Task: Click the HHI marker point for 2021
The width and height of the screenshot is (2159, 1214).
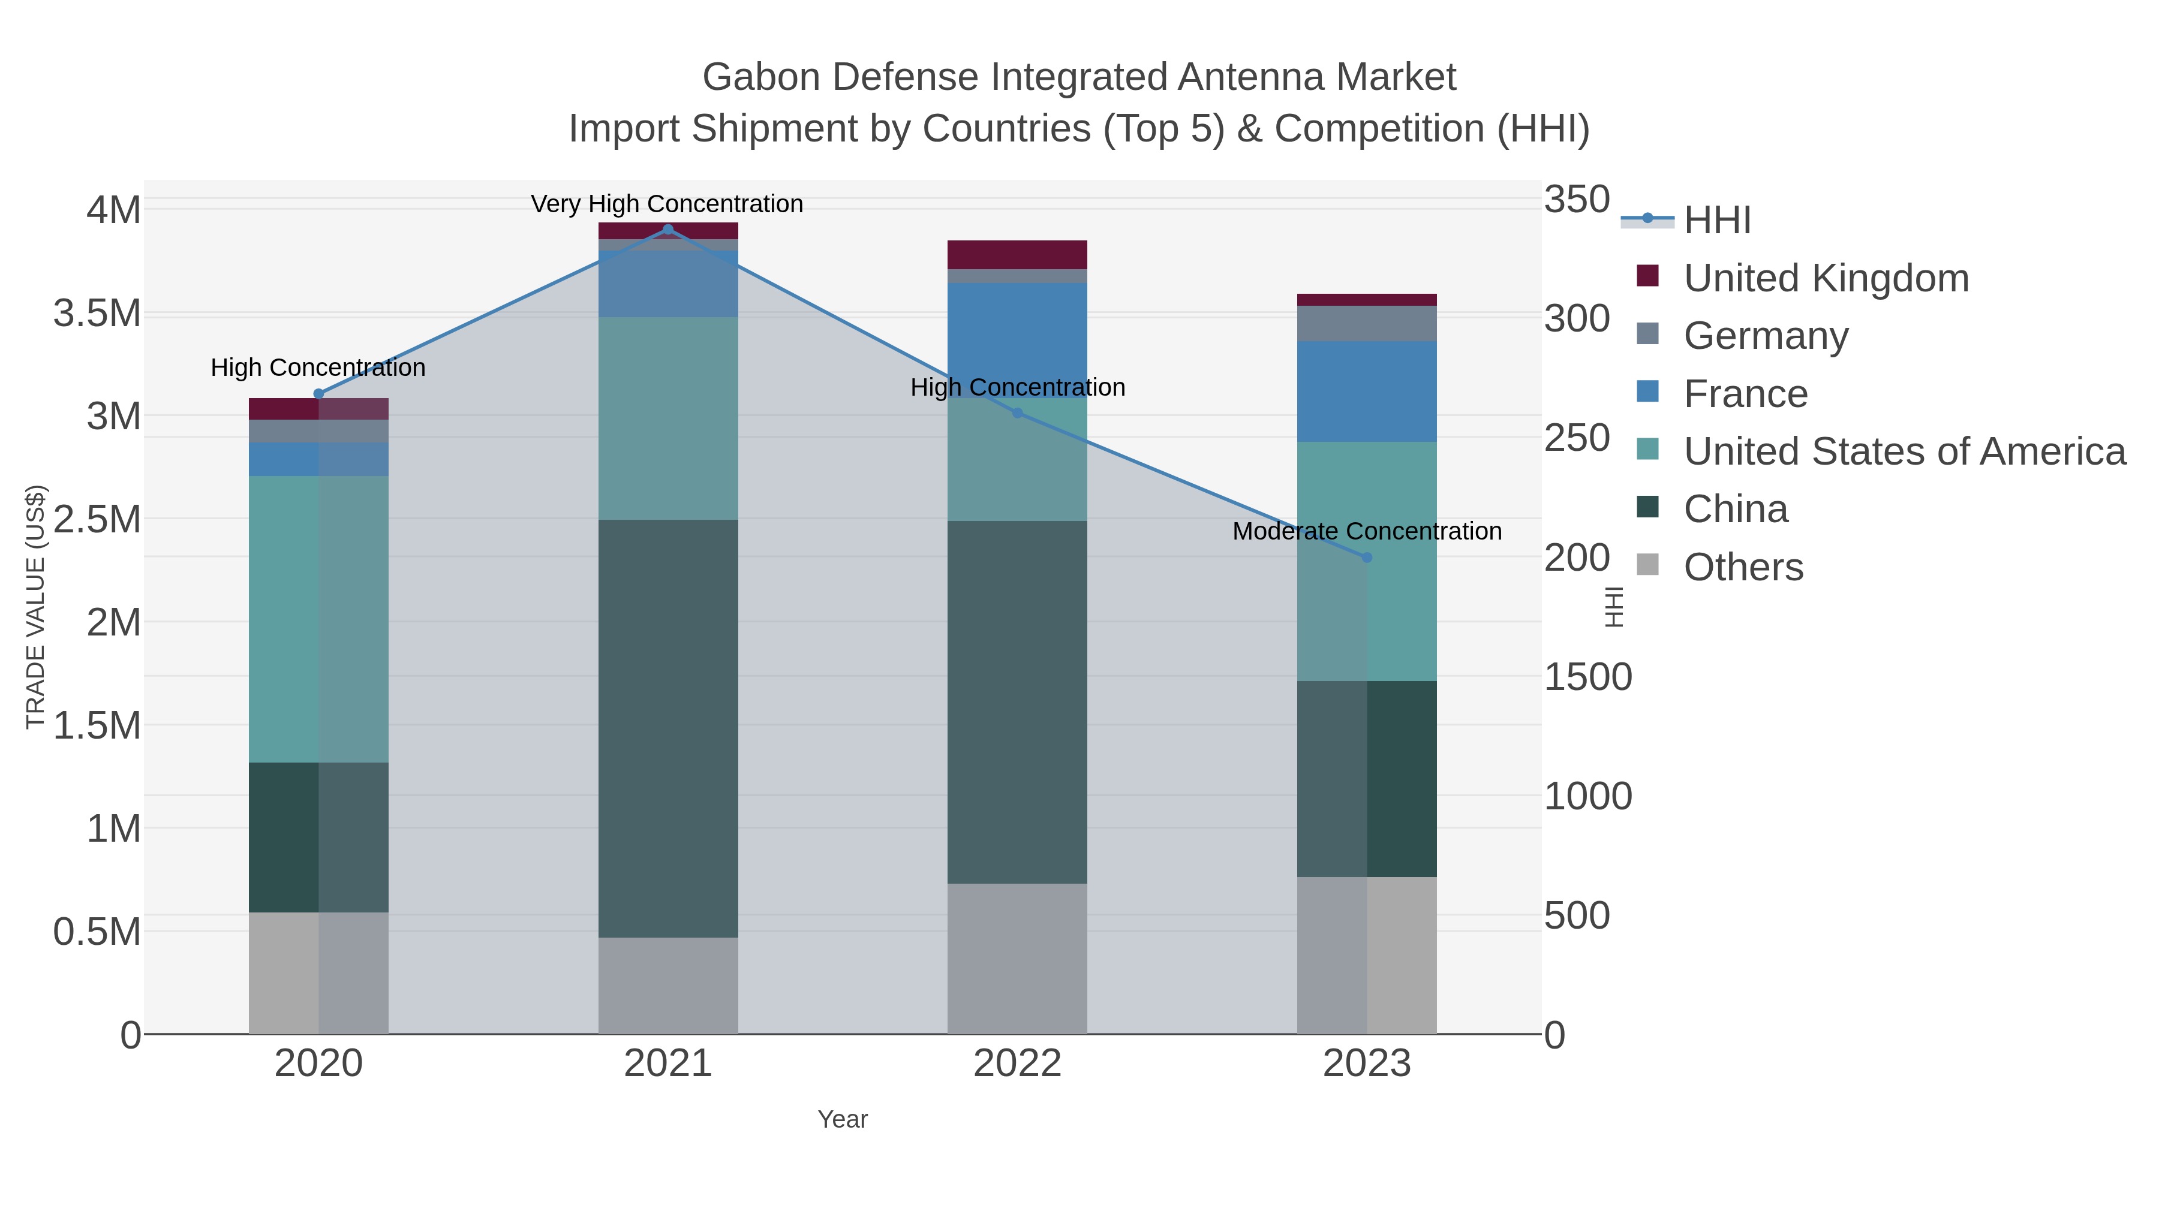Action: pyautogui.click(x=667, y=230)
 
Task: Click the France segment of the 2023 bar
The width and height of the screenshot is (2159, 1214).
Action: pyautogui.click(x=1367, y=391)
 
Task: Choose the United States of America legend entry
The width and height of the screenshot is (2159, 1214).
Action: pyautogui.click(x=1904, y=451)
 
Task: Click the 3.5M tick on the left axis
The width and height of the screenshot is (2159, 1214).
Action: pyautogui.click(x=97, y=314)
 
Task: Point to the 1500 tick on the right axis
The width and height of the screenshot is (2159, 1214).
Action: pyautogui.click(x=1587, y=677)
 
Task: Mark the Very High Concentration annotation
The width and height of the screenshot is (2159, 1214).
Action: pyautogui.click(x=667, y=204)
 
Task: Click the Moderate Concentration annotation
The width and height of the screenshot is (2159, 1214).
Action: pyautogui.click(x=1367, y=531)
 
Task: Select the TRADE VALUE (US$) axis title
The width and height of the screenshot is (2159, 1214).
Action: pyautogui.click(x=35, y=607)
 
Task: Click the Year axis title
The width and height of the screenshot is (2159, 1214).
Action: pyautogui.click(x=843, y=1119)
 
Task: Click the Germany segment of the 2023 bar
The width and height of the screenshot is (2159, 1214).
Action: pyautogui.click(x=1367, y=323)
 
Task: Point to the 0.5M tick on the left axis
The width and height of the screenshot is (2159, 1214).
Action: pyautogui.click(x=97, y=932)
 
